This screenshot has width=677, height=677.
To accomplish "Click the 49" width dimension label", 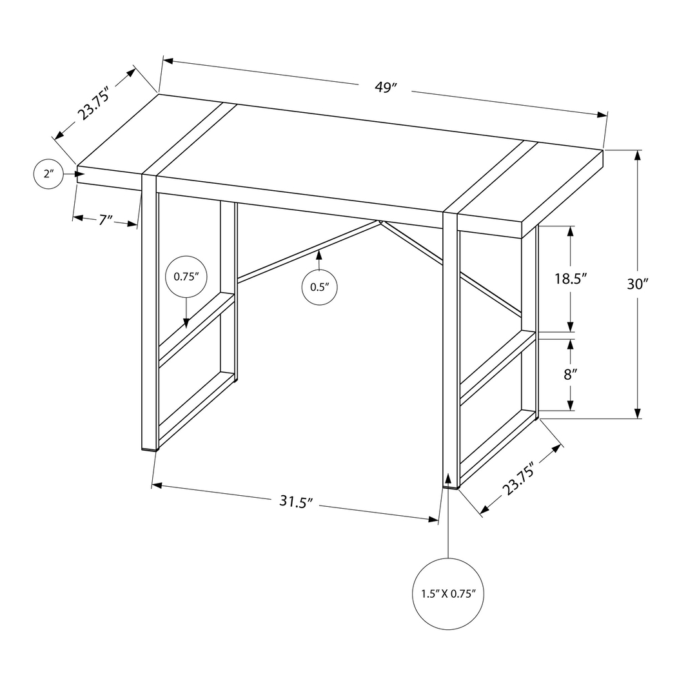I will (x=385, y=88).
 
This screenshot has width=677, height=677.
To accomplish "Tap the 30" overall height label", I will (x=636, y=284).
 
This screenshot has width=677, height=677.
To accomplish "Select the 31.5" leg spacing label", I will (x=296, y=502).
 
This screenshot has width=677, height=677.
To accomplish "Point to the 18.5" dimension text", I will (x=570, y=279).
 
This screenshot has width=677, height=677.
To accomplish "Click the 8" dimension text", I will (x=569, y=374).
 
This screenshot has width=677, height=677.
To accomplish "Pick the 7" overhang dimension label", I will (x=106, y=220).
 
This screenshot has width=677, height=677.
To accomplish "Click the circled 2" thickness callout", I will (x=48, y=173).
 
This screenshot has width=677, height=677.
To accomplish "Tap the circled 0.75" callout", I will (x=186, y=277).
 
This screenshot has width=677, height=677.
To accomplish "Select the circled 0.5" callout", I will (x=320, y=287).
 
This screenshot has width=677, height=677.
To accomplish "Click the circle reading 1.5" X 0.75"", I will (x=447, y=593).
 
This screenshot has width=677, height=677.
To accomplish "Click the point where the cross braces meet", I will (x=381, y=222).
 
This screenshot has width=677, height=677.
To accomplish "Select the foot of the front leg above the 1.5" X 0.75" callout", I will (x=450, y=485).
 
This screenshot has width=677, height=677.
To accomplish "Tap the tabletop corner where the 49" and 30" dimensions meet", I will (x=603, y=150).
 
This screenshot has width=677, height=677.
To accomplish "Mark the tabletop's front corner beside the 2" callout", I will (x=77, y=168).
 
